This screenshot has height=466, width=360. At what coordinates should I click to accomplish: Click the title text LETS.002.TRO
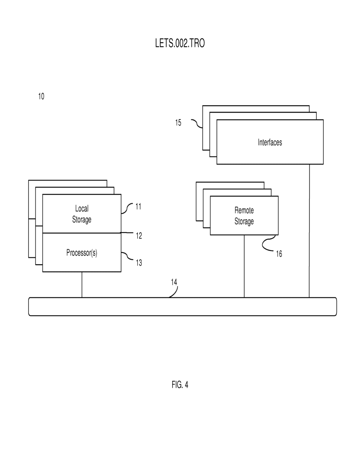[180, 43]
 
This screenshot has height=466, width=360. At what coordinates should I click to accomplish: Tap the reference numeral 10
[41, 96]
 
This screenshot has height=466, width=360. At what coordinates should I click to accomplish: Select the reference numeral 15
[178, 123]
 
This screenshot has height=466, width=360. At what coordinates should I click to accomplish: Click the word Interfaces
[270, 142]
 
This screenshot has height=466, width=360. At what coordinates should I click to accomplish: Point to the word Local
[82, 208]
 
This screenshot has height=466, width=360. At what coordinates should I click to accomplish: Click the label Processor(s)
[82, 253]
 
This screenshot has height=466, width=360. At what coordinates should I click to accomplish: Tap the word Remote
[244, 210]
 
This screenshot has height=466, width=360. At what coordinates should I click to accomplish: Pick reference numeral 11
[138, 206]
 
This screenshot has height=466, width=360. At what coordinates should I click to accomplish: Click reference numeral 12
[139, 236]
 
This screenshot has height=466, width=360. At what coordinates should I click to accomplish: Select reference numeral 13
[139, 263]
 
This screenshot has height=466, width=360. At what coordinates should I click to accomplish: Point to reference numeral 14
[174, 282]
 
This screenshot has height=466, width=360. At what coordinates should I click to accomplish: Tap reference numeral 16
[279, 254]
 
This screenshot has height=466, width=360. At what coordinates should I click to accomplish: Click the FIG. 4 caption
[180, 385]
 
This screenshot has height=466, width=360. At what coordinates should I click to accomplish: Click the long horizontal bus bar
[182, 307]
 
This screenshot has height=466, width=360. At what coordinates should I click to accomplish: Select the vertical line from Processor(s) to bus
[82, 285]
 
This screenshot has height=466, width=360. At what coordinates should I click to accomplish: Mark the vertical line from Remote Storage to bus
[244, 266]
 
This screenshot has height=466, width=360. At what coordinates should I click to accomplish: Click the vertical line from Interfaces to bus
[309, 231]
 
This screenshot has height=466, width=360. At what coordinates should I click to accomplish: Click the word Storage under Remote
[244, 221]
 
